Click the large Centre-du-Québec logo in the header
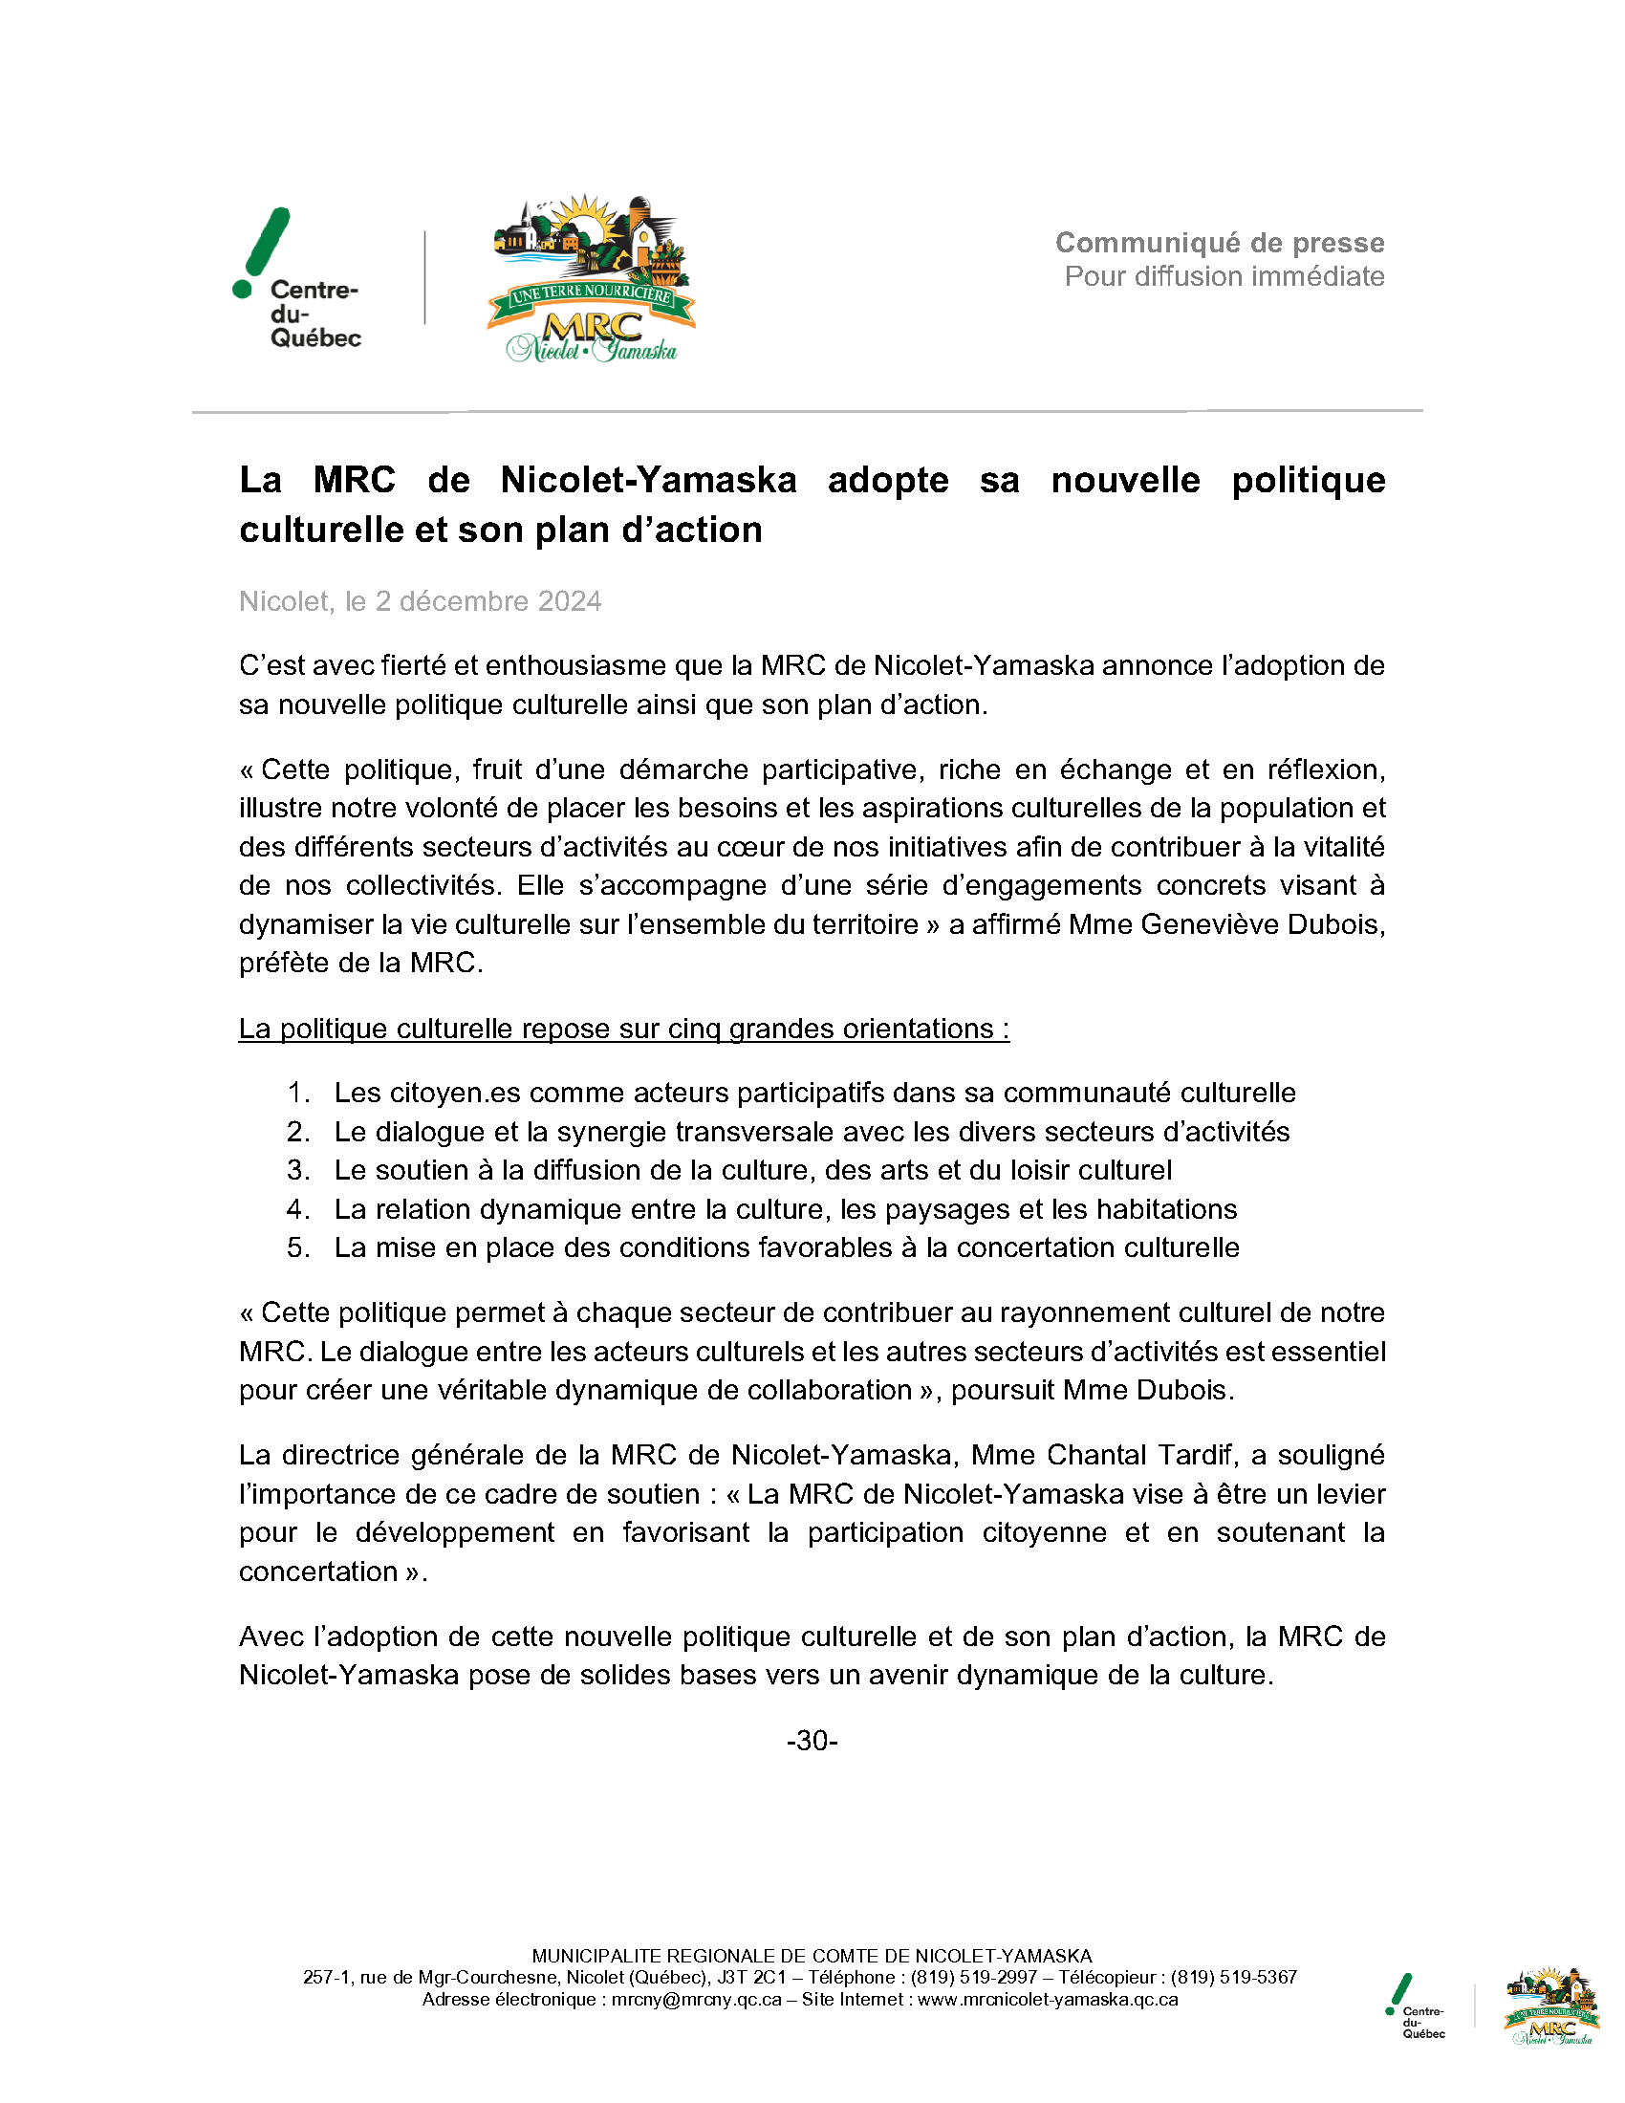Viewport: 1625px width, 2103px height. (297, 278)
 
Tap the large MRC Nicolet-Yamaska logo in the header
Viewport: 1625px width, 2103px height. (591, 278)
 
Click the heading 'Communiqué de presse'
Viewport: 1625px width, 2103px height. (1220, 243)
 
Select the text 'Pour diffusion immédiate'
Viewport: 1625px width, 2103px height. (1224, 276)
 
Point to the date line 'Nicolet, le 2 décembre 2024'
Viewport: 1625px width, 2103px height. (420, 601)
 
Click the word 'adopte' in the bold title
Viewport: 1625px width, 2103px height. (888, 480)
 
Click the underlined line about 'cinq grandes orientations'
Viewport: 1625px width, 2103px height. (624, 1029)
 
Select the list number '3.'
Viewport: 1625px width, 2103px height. (298, 1170)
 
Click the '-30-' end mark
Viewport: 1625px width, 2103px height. (812, 1741)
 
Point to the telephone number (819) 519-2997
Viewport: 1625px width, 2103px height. (973, 1977)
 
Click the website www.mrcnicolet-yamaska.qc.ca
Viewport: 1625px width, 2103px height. (1048, 1999)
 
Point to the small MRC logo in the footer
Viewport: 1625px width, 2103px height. (1550, 2005)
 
